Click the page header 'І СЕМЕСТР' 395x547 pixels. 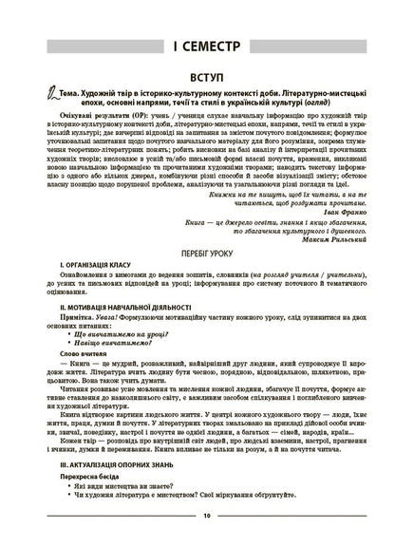197,46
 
